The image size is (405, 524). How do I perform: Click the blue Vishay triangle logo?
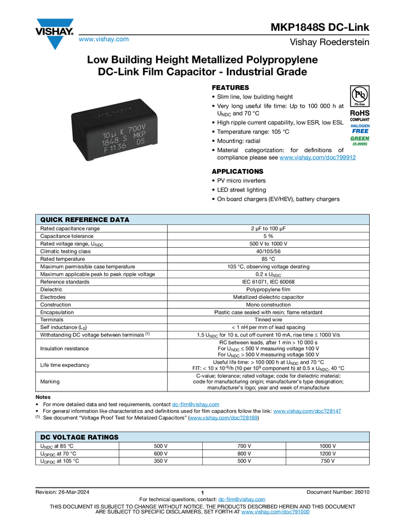[54, 42]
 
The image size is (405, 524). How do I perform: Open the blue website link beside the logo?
[104, 39]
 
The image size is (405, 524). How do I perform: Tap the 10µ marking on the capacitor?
[110, 133]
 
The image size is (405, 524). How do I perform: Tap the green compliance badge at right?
[360, 141]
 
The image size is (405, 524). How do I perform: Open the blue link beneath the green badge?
[317, 158]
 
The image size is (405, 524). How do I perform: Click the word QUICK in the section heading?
[53, 219]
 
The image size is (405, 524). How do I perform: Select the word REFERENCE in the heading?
[89, 219]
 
